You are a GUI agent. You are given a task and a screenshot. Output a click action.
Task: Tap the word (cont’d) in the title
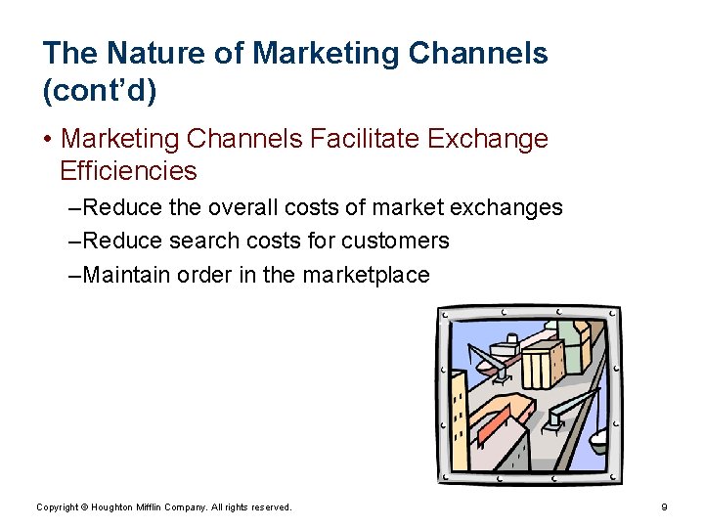click(100, 91)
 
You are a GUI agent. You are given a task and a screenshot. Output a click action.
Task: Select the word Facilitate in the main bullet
click(365, 140)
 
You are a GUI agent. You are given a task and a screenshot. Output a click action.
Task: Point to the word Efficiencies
click(128, 171)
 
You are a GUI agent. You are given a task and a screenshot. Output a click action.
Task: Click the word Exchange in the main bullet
click(488, 140)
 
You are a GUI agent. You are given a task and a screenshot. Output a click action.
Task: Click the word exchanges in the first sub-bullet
click(509, 207)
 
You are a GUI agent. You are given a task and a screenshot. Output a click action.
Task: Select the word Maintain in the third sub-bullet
click(127, 275)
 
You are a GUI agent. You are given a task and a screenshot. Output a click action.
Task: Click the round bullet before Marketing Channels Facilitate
click(48, 140)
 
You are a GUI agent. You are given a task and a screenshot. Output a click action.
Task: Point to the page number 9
click(664, 507)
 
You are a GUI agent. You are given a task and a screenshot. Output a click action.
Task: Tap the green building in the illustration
click(564, 337)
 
